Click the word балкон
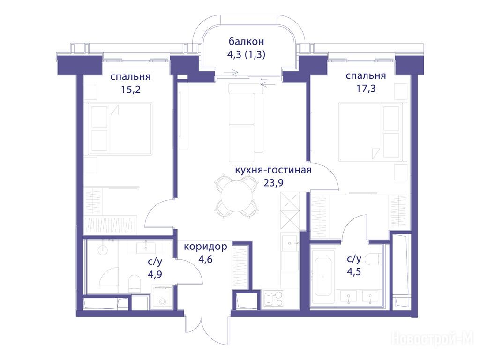[246, 41]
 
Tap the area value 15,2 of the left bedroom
[131, 90]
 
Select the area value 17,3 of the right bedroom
[366, 89]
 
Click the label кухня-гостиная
[273, 170]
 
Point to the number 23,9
[273, 183]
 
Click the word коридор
[205, 247]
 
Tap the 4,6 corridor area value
[205, 260]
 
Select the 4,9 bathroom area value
[155, 274]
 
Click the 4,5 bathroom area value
[354, 271]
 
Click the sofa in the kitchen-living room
[246, 122]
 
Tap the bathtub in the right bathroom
[323, 277]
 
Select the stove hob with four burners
[273, 298]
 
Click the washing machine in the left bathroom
[162, 296]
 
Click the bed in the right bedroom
[370, 132]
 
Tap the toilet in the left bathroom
[134, 282]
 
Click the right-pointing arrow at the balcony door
[231, 73]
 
